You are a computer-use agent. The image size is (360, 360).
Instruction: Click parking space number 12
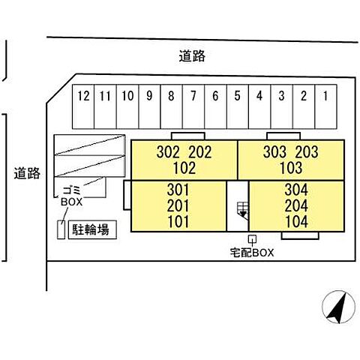tap(83, 106)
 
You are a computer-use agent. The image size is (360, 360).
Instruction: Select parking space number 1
tap(325, 106)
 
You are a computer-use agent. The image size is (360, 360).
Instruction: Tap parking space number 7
tap(193, 106)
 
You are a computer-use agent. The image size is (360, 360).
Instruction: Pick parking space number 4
tap(259, 106)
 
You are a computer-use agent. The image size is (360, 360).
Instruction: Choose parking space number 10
tap(127, 106)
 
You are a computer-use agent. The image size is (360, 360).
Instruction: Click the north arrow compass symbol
tap(339, 307)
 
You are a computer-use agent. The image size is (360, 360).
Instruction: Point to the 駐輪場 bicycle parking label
tap(91, 229)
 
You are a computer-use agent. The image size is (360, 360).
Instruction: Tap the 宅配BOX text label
tap(252, 253)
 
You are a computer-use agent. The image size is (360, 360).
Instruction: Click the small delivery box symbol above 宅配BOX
tap(253, 239)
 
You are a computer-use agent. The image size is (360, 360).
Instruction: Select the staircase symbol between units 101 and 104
tap(243, 211)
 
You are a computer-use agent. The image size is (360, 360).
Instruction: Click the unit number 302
tap(168, 152)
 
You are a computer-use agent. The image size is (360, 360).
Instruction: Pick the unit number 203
tap(307, 152)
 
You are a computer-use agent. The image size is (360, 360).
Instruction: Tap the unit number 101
tap(178, 222)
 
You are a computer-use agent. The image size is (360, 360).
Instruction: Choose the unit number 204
tap(296, 206)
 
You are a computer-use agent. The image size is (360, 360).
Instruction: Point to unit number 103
tap(291, 168)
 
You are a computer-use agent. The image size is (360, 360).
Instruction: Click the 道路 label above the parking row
tap(192, 55)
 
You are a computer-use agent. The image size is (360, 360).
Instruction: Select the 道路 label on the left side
tap(27, 173)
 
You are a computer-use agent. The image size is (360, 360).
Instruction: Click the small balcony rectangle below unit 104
tap(300, 235)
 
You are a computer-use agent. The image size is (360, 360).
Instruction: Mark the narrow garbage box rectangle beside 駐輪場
tap(61, 229)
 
